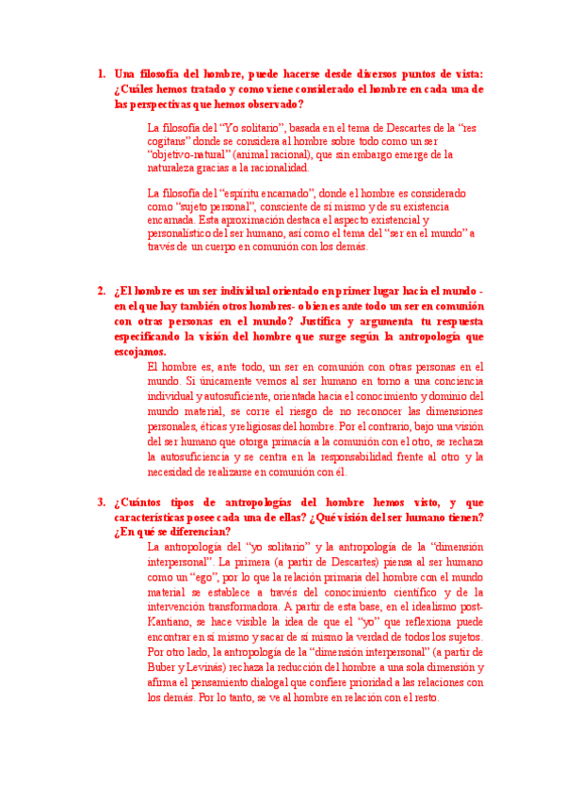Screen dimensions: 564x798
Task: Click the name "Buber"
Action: (165, 667)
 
